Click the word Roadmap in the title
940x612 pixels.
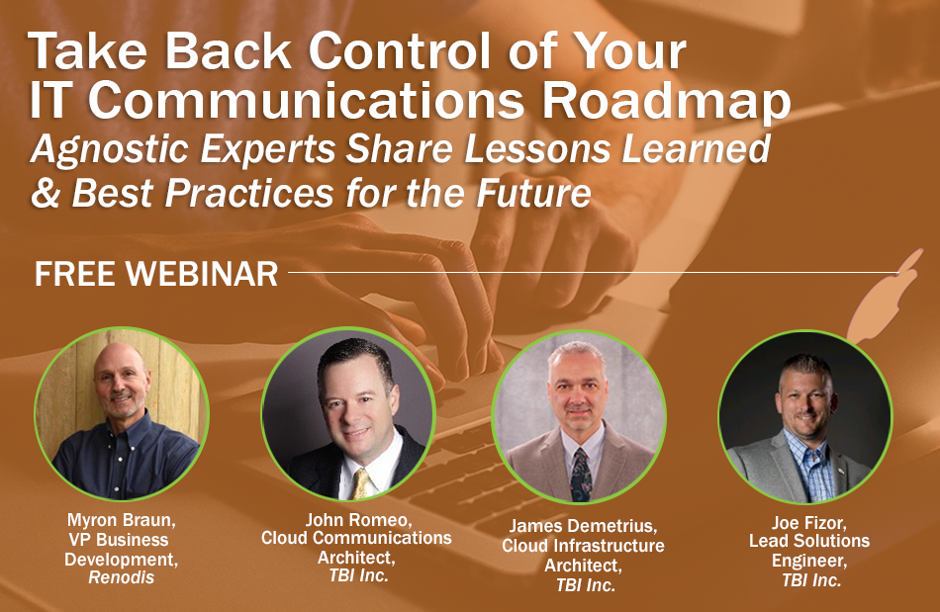pos(666,102)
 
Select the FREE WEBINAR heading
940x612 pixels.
pos(156,274)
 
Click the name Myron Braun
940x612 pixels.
pos(121,520)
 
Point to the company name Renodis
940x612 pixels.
pos(121,577)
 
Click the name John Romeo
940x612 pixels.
pos(358,519)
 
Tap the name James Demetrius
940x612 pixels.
pos(582,526)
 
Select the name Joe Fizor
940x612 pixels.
pos(808,523)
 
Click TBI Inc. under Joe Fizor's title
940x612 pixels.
pos(811,579)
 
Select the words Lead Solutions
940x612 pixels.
pos(808,541)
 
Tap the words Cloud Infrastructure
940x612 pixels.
pos(583,546)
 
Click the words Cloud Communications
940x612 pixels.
pos(356,538)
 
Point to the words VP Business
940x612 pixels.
pos(118,540)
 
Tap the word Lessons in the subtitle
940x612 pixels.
pos(539,149)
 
